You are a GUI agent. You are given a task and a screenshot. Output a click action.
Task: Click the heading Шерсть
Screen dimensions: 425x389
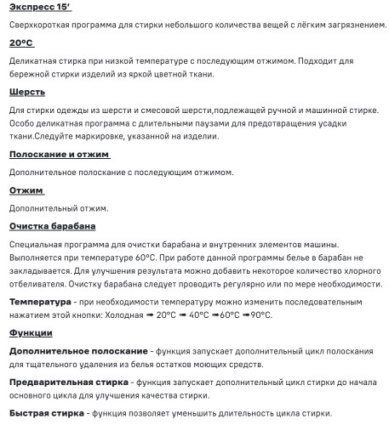(x=27, y=91)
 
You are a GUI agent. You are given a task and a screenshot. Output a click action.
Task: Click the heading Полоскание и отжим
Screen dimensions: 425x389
(x=60, y=154)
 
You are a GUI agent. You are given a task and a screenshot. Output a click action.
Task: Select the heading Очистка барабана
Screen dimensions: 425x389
(x=52, y=225)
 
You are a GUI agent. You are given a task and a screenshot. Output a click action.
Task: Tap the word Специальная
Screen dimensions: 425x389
(x=38, y=244)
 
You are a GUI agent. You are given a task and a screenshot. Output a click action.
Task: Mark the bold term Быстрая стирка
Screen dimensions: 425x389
(x=46, y=413)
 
